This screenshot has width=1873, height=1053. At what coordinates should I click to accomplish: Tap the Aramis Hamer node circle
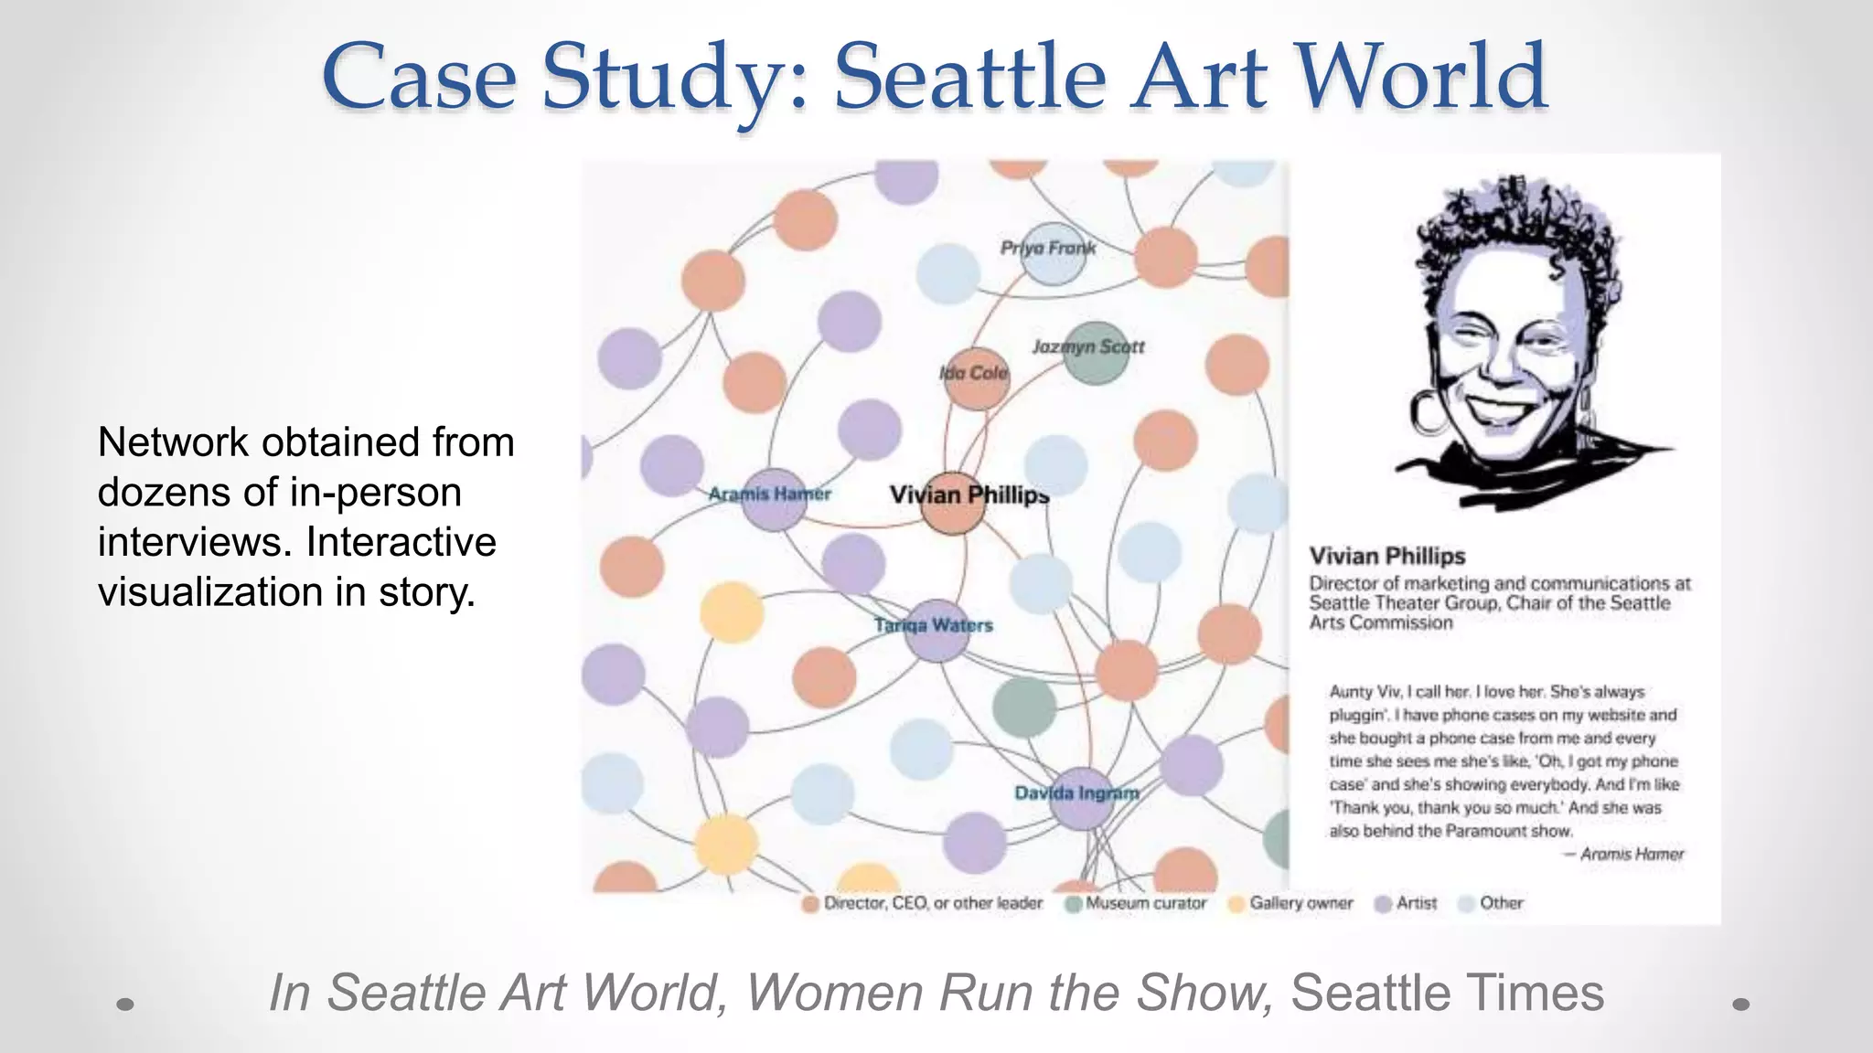tap(774, 499)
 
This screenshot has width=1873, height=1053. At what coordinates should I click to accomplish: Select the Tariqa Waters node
tap(936, 630)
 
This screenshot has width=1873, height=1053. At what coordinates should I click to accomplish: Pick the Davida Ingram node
tap(1082, 798)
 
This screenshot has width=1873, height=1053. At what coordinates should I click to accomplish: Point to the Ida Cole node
tap(976, 378)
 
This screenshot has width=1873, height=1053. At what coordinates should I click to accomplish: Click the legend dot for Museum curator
tap(1075, 904)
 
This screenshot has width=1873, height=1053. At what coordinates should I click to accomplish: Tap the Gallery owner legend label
tap(1300, 903)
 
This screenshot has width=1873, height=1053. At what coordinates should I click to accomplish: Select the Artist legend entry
tap(1416, 903)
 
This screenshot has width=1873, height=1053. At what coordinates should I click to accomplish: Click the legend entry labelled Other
tap(1501, 903)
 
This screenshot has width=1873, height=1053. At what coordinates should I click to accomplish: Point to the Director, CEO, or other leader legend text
tap(933, 903)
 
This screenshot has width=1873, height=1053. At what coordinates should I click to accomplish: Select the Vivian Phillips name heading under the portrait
tap(1386, 556)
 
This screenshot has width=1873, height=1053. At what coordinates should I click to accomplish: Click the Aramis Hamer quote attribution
tap(1631, 854)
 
